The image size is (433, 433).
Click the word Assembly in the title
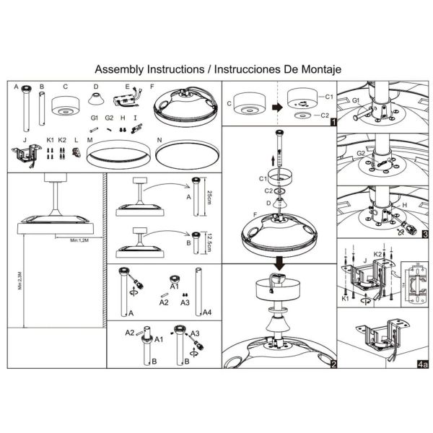[x=120, y=69]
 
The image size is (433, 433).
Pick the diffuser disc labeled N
[x=185, y=153]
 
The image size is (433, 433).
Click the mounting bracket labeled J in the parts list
[x=26, y=154]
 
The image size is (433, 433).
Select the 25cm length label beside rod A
[x=209, y=195]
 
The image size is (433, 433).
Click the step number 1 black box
[x=332, y=123]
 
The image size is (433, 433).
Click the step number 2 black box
[x=333, y=364]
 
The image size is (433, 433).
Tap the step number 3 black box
[x=426, y=235]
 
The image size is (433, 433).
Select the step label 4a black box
[x=424, y=364]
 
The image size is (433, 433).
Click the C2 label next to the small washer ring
[x=324, y=114]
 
